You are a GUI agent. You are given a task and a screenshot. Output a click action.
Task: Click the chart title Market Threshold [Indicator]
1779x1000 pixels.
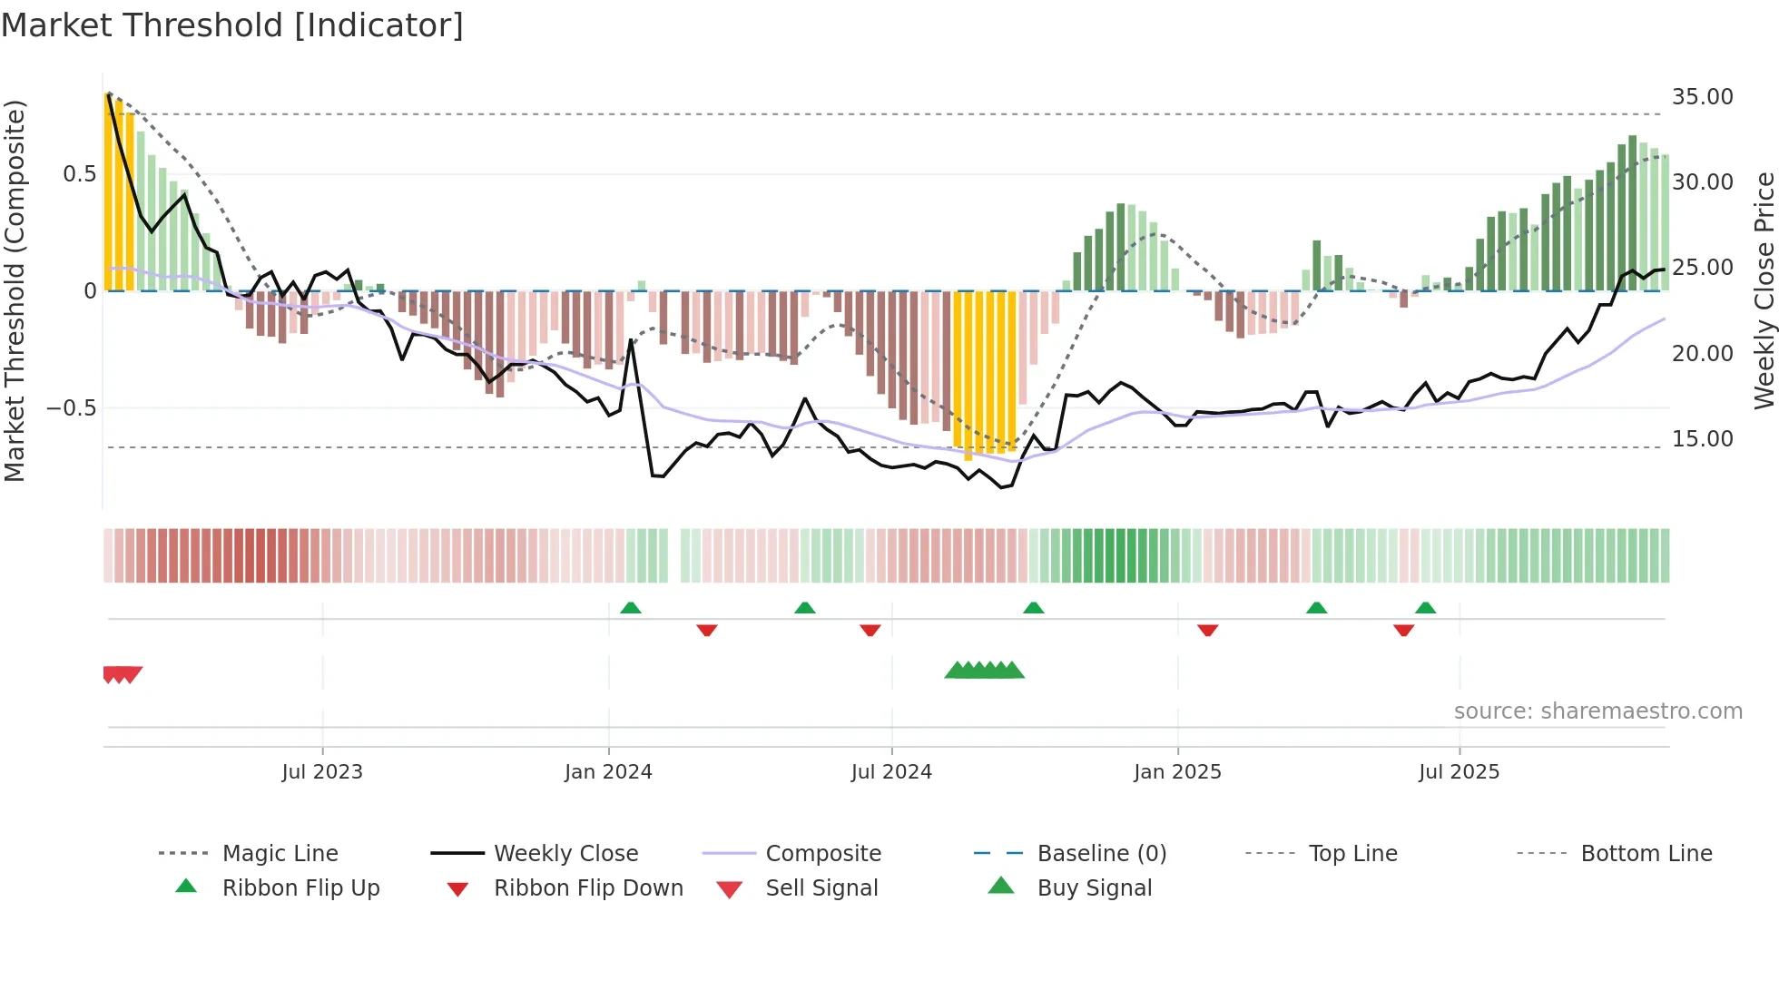point(232,25)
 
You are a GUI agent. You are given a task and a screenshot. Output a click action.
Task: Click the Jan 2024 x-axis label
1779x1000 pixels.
point(608,772)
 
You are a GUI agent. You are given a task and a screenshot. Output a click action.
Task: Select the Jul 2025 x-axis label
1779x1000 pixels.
point(1459,772)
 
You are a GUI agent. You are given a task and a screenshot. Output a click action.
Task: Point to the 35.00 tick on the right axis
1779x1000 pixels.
point(1702,97)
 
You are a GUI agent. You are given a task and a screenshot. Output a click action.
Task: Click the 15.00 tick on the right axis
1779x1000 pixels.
point(1702,439)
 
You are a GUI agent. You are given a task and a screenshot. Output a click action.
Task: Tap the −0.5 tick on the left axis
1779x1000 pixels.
point(71,408)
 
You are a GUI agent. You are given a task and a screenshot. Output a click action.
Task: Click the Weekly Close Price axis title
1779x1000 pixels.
point(1764,290)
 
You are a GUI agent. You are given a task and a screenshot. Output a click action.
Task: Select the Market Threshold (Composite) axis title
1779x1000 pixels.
point(15,290)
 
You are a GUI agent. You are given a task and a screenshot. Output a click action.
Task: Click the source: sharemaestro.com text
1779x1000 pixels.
point(1597,711)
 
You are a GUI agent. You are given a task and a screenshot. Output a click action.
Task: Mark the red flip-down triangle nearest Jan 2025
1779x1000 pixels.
point(1207,630)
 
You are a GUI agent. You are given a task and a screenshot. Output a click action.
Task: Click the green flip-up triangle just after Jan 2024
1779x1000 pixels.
point(631,608)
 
